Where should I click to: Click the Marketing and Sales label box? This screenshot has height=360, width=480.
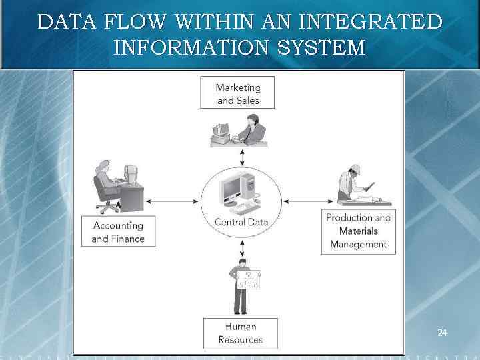tap(237, 93)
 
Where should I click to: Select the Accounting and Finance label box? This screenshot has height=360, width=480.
tap(118, 231)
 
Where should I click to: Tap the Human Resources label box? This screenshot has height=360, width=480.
tap(240, 333)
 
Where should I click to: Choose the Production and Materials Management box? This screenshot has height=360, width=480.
tap(358, 231)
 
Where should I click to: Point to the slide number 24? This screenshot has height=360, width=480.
tap(442, 332)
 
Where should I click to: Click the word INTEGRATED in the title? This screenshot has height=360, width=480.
tap(371, 23)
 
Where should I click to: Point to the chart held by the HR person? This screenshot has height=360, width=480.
tap(249, 280)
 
